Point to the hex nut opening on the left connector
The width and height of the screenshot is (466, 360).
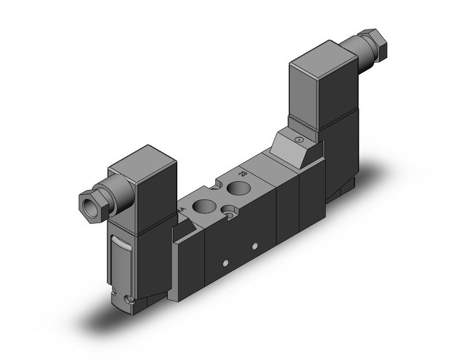[87, 203]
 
